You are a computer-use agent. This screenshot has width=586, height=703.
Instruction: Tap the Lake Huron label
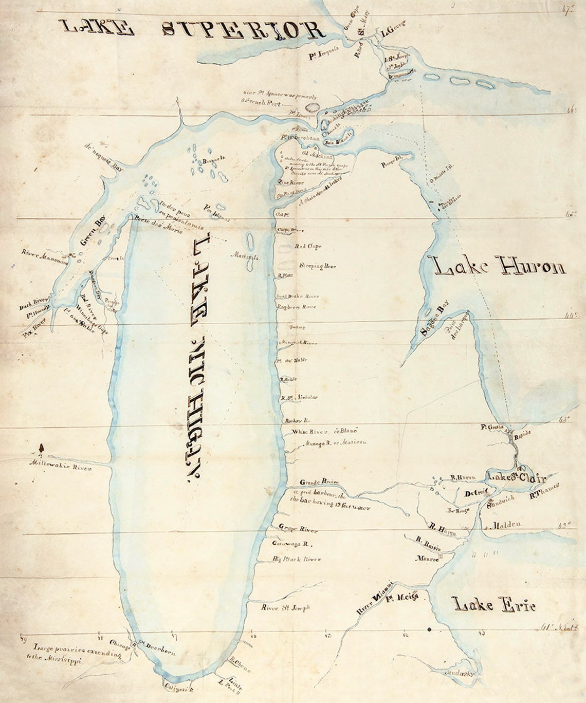pyautogui.click(x=499, y=267)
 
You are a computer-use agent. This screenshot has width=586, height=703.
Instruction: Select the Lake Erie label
pyautogui.click(x=493, y=605)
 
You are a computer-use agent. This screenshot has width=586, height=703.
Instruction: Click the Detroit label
pyautogui.click(x=475, y=493)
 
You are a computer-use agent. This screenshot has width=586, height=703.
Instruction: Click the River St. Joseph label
pyautogui.click(x=286, y=607)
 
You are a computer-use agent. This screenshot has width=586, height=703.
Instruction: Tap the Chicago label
pyautogui.click(x=120, y=645)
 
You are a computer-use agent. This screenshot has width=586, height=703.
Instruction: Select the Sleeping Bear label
pyautogui.click(x=317, y=266)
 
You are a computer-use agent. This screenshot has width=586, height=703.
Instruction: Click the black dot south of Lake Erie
pyautogui.click(x=429, y=629)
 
